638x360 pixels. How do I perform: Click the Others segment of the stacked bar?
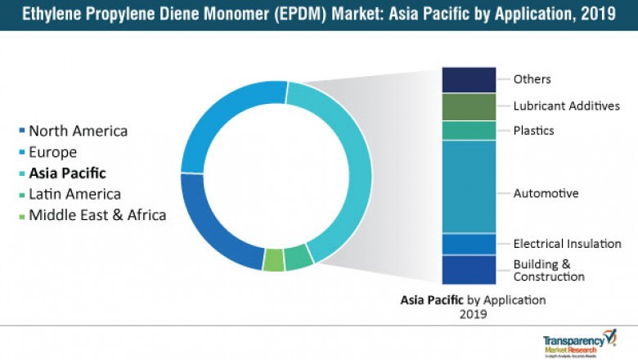pyautogui.click(x=469, y=79)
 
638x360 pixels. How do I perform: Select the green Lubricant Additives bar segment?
pyautogui.click(x=469, y=107)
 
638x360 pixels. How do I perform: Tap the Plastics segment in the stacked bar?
pyautogui.click(x=469, y=131)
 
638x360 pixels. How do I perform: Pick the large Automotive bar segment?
pyautogui.click(x=469, y=187)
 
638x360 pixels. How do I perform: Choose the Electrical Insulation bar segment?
pyautogui.click(x=469, y=244)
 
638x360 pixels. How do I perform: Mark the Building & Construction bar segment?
pyautogui.click(x=469, y=269)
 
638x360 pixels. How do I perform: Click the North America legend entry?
pyautogui.click(x=78, y=131)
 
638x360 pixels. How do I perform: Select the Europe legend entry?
pyautogui.click(x=52, y=152)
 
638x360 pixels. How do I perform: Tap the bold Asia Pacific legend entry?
pyautogui.click(x=67, y=173)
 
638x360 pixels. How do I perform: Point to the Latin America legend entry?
pyautogui.click(x=74, y=195)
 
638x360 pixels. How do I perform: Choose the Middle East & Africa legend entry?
pyautogui.click(x=97, y=216)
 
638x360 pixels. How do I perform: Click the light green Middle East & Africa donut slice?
pyautogui.click(x=273, y=260)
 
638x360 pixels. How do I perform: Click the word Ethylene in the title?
pyautogui.click(x=50, y=15)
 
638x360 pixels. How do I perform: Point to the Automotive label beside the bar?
pyautogui.click(x=546, y=194)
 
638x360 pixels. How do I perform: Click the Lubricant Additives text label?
pyautogui.click(x=566, y=106)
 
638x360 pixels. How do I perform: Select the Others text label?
pyautogui.click(x=532, y=79)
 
